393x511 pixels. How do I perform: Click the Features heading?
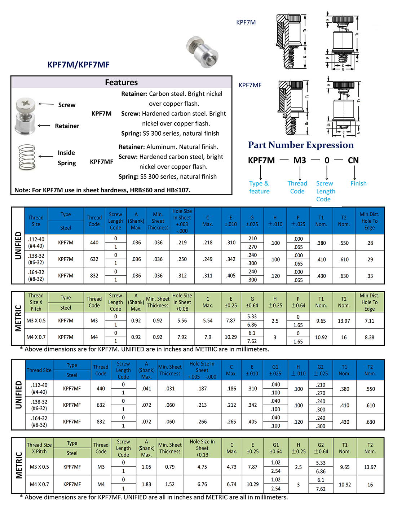click(121, 82)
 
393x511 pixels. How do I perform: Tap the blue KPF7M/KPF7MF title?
click(78, 65)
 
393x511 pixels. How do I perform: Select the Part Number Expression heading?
click(301, 145)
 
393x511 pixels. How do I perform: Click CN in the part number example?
click(353, 160)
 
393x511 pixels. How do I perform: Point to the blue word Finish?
click(358, 183)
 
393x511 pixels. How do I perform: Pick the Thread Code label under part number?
click(297, 187)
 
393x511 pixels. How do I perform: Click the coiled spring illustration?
click(27, 157)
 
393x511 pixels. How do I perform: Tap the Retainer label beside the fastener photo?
click(67, 126)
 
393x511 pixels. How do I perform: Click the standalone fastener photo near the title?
click(202, 52)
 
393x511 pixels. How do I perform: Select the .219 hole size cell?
click(182, 243)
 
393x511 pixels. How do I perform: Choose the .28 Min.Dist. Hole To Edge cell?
click(370, 243)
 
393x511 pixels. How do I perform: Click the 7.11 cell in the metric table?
click(369, 321)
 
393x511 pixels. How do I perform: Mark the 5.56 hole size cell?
click(182, 320)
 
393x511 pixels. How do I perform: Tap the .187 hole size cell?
click(202, 389)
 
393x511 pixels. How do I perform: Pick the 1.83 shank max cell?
click(146, 484)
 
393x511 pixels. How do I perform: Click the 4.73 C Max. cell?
click(231, 467)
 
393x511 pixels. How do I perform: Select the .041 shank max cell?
click(146, 389)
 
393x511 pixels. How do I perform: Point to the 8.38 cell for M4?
click(369, 337)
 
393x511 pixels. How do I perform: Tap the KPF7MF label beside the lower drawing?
click(250, 85)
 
